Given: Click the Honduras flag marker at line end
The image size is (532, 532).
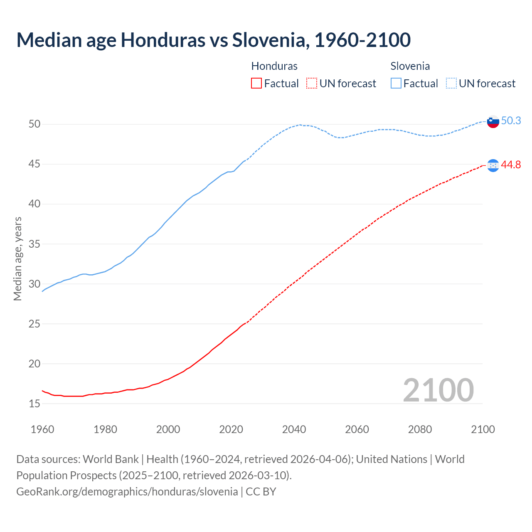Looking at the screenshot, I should [x=493, y=165].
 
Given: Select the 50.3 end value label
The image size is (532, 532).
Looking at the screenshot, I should [x=511, y=121].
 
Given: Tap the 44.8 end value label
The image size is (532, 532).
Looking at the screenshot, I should [x=511, y=165].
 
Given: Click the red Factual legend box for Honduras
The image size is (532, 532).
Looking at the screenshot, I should [x=256, y=83].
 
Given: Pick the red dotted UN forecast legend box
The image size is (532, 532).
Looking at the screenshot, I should [x=312, y=83].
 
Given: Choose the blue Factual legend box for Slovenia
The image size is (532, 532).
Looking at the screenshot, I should [x=396, y=83].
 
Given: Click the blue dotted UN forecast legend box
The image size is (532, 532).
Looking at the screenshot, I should [x=451, y=83].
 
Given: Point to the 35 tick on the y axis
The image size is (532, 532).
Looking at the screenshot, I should [x=34, y=244].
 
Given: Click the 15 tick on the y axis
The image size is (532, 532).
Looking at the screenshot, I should [x=34, y=404].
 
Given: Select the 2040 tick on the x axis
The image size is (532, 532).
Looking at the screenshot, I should [x=294, y=429].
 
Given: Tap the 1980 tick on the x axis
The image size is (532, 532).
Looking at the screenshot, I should [x=105, y=429].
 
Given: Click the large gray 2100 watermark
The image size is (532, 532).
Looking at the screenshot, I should [x=438, y=390].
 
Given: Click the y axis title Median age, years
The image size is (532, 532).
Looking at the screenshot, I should [x=17, y=259].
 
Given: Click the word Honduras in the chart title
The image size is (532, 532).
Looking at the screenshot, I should [x=163, y=40].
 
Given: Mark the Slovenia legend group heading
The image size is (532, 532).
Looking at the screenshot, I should [x=410, y=66].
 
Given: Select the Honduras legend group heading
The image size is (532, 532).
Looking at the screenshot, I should [x=274, y=66].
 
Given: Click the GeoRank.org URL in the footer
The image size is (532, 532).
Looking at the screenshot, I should [x=127, y=492].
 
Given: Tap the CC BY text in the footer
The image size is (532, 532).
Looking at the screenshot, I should [x=261, y=492].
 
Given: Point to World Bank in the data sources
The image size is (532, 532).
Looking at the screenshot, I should [x=111, y=459].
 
